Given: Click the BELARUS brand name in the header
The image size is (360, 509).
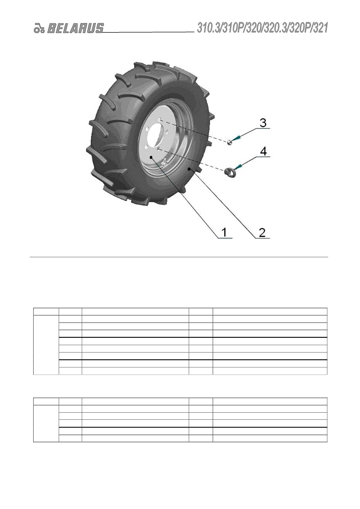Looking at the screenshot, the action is (x=75, y=28).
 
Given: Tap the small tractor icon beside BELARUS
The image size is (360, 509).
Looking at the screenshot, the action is (x=39, y=29).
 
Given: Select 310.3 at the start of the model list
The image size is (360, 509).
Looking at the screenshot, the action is (x=208, y=28).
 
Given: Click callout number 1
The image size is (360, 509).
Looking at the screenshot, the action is (x=224, y=232).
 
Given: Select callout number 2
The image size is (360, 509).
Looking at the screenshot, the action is (x=262, y=232).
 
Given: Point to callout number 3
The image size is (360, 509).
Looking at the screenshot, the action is (x=263, y=123).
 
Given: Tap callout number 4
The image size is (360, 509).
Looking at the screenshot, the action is (x=263, y=151).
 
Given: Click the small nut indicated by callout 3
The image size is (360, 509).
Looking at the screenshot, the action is (x=229, y=142).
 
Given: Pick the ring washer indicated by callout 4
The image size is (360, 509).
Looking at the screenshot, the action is (x=230, y=171).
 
